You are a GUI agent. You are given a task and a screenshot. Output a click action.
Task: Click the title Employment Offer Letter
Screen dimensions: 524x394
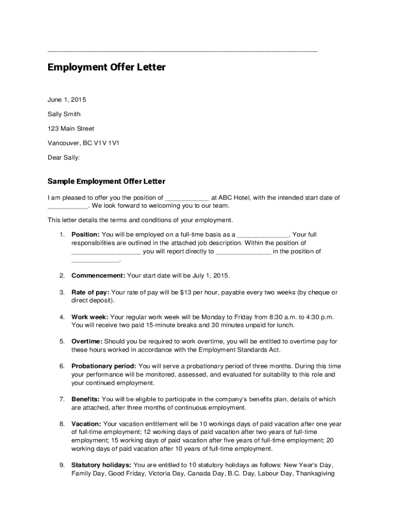(x=106, y=68)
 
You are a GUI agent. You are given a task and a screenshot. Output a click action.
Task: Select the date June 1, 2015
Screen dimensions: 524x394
(x=63, y=99)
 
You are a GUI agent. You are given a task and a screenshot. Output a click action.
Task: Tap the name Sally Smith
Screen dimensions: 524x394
(x=64, y=114)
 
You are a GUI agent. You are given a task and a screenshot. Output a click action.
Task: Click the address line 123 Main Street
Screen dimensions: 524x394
(x=71, y=128)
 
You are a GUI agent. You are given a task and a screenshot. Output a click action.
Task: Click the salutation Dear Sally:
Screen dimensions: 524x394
(x=64, y=158)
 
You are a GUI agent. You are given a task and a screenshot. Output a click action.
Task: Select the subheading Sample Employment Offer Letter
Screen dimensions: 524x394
(x=106, y=182)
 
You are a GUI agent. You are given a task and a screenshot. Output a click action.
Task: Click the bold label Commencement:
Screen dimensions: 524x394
(x=98, y=276)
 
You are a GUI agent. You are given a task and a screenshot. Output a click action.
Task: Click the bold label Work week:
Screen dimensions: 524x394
(x=90, y=317)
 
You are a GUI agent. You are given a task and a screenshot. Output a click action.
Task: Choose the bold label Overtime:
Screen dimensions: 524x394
(x=87, y=341)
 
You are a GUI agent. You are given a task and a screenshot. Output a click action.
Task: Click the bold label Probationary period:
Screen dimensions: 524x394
(x=104, y=366)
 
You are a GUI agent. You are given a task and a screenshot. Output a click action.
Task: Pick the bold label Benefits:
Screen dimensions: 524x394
(x=85, y=400)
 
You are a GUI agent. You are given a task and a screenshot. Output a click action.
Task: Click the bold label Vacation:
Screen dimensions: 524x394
(x=86, y=424)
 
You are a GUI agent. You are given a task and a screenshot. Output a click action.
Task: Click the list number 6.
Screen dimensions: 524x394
(x=61, y=366)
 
